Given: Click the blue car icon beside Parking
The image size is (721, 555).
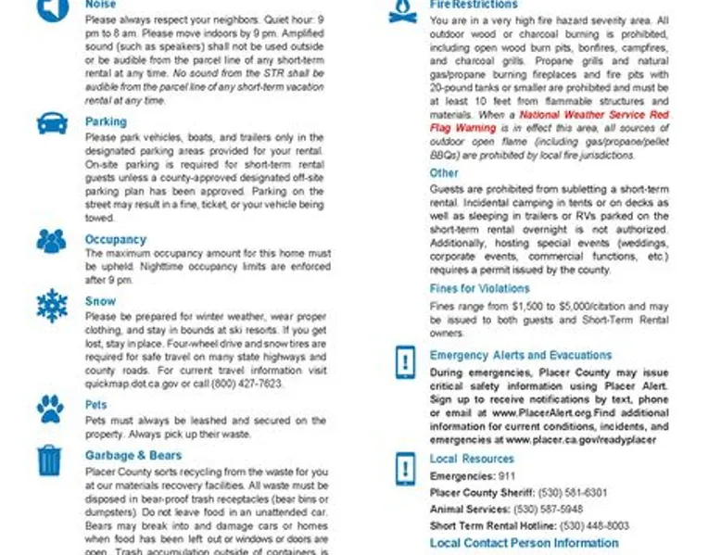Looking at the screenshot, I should (x=51, y=124).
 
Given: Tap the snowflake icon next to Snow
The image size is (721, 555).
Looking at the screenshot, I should (x=51, y=305).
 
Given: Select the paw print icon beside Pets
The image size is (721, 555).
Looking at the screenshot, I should (x=50, y=408).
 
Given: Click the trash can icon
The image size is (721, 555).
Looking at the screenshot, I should (x=49, y=460).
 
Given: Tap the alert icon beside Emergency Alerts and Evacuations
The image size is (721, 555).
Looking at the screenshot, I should (x=404, y=360).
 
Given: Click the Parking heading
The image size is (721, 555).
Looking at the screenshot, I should (x=106, y=121).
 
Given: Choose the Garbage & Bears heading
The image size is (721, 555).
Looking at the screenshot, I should (x=133, y=456).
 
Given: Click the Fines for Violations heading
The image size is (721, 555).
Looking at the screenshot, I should (x=479, y=288).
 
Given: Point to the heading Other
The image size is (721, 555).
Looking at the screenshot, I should (x=444, y=173).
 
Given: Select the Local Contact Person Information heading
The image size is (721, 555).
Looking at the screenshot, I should (x=524, y=543).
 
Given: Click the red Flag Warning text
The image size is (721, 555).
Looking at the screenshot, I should (x=452, y=128).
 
